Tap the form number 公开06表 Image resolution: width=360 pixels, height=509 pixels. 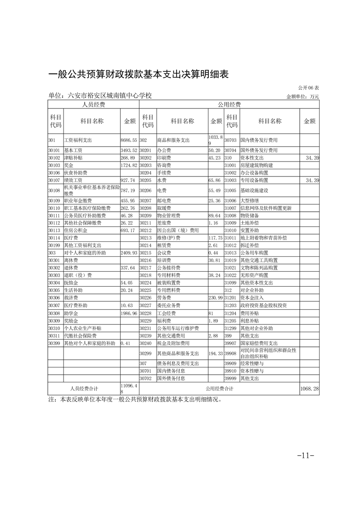pos(309,88)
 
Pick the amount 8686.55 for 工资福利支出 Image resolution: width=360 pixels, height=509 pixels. pos(128,140)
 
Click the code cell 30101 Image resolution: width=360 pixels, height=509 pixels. pos(54,150)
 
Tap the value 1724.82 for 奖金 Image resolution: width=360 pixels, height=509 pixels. pos(128,165)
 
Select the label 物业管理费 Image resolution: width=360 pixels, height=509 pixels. pos(168,215)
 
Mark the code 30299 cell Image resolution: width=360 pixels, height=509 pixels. pos(145,353)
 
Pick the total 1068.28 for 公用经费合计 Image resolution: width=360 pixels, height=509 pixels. pos(309,376)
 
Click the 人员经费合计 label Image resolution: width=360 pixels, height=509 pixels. pos(84,376)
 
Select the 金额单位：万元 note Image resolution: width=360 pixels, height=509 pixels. pos(302,97)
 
